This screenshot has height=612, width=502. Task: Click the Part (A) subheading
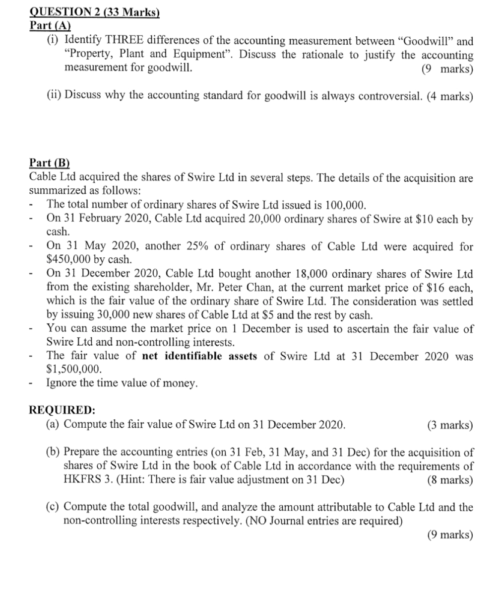51,25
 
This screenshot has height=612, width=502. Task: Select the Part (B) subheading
50,162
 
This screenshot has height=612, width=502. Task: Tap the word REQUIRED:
63,410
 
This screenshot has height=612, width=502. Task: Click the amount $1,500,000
74,370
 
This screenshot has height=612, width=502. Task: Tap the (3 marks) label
449,425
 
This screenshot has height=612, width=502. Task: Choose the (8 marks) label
449,480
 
